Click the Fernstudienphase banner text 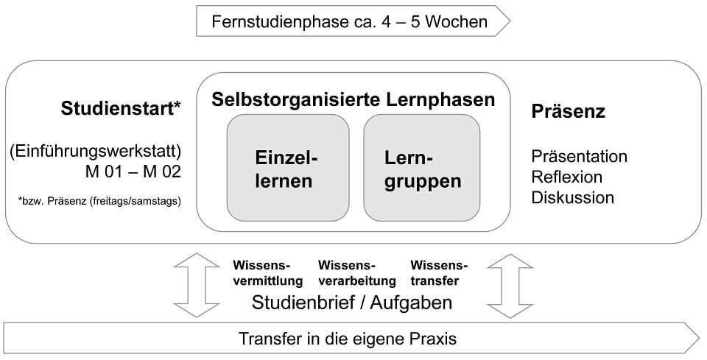[349, 21]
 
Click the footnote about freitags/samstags [99, 200]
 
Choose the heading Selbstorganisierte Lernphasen [353, 99]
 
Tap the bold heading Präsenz [568, 112]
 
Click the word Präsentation [579, 157]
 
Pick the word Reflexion [566, 177]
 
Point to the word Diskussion [572, 198]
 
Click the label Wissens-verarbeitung [357, 273]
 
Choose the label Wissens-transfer [439, 273]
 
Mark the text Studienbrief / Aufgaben [352, 303]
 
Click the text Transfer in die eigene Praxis [348, 339]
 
